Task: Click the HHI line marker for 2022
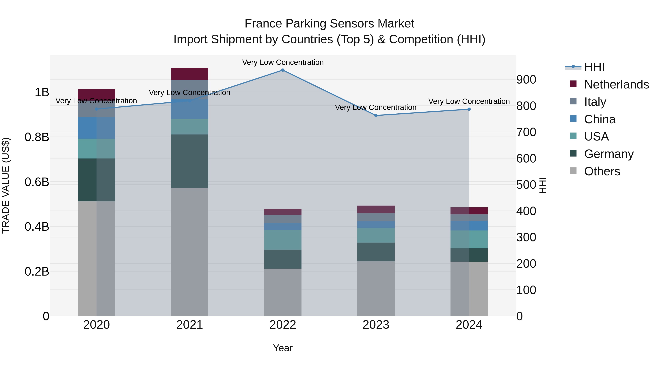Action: [283, 70]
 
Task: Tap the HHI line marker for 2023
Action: [376, 115]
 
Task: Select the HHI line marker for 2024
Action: [469, 109]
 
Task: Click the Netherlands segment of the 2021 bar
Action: [190, 74]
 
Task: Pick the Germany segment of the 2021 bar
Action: [190, 161]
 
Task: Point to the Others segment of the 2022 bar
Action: [283, 292]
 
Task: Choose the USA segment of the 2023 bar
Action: [376, 236]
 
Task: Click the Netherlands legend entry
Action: [617, 84]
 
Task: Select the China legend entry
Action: [600, 119]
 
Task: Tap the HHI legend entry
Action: [594, 67]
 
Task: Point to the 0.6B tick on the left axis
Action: [37, 182]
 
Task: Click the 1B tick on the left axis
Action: [42, 93]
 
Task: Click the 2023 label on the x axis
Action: [376, 325]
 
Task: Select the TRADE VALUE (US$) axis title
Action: [6, 185]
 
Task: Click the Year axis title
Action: [283, 348]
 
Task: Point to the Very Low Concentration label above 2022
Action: [283, 62]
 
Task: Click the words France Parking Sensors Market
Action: [329, 24]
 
